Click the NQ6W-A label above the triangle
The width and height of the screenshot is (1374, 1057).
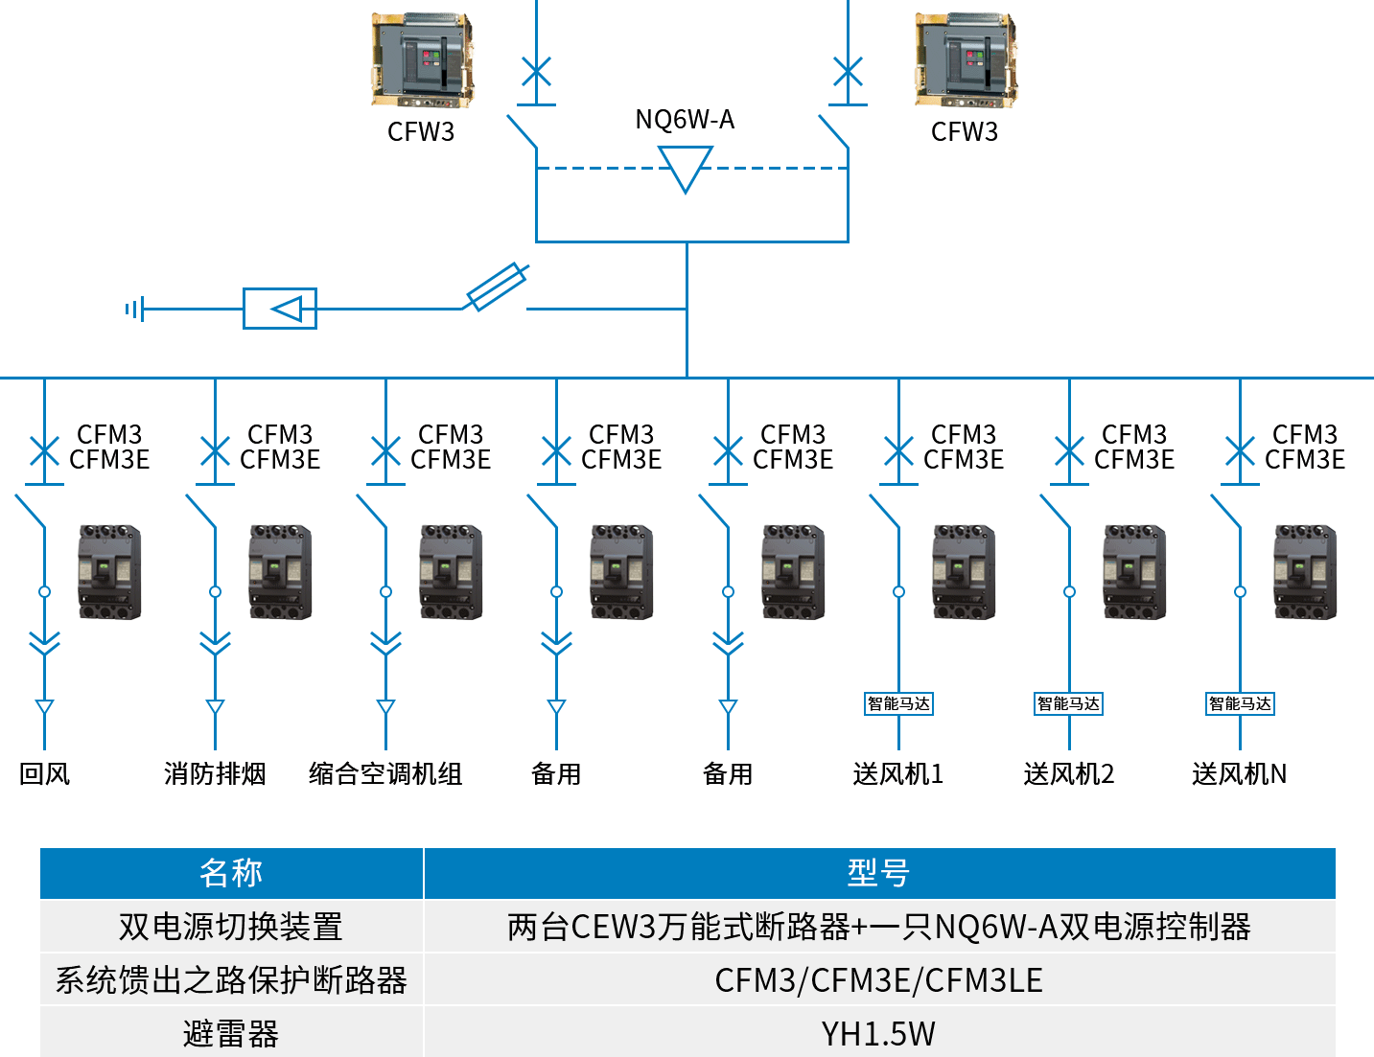point(685,120)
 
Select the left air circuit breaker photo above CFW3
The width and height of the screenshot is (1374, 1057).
point(422,59)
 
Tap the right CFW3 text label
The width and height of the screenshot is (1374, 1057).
point(965,131)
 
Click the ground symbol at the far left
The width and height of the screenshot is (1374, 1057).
point(134,309)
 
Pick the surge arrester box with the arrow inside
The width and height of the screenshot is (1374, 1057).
point(280,309)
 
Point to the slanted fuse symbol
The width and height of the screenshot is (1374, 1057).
point(496,286)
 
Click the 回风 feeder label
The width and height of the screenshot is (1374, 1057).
point(45,773)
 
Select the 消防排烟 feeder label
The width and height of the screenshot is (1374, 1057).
point(215,773)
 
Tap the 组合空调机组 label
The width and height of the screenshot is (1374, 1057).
point(385,773)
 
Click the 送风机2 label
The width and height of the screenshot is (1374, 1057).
point(1069,773)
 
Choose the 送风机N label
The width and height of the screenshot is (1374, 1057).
point(1239,773)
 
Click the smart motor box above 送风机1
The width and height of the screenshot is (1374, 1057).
point(898,703)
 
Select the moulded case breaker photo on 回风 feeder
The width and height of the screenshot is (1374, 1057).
point(109,571)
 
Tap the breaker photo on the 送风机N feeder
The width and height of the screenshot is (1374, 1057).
point(1305,571)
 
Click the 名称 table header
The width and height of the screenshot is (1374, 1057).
point(231,873)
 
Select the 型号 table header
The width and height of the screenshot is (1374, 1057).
point(878,873)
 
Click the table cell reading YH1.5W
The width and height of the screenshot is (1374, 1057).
point(878,1034)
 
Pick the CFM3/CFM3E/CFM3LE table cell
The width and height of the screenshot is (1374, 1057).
point(878,980)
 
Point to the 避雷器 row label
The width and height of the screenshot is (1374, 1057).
point(231,1034)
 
